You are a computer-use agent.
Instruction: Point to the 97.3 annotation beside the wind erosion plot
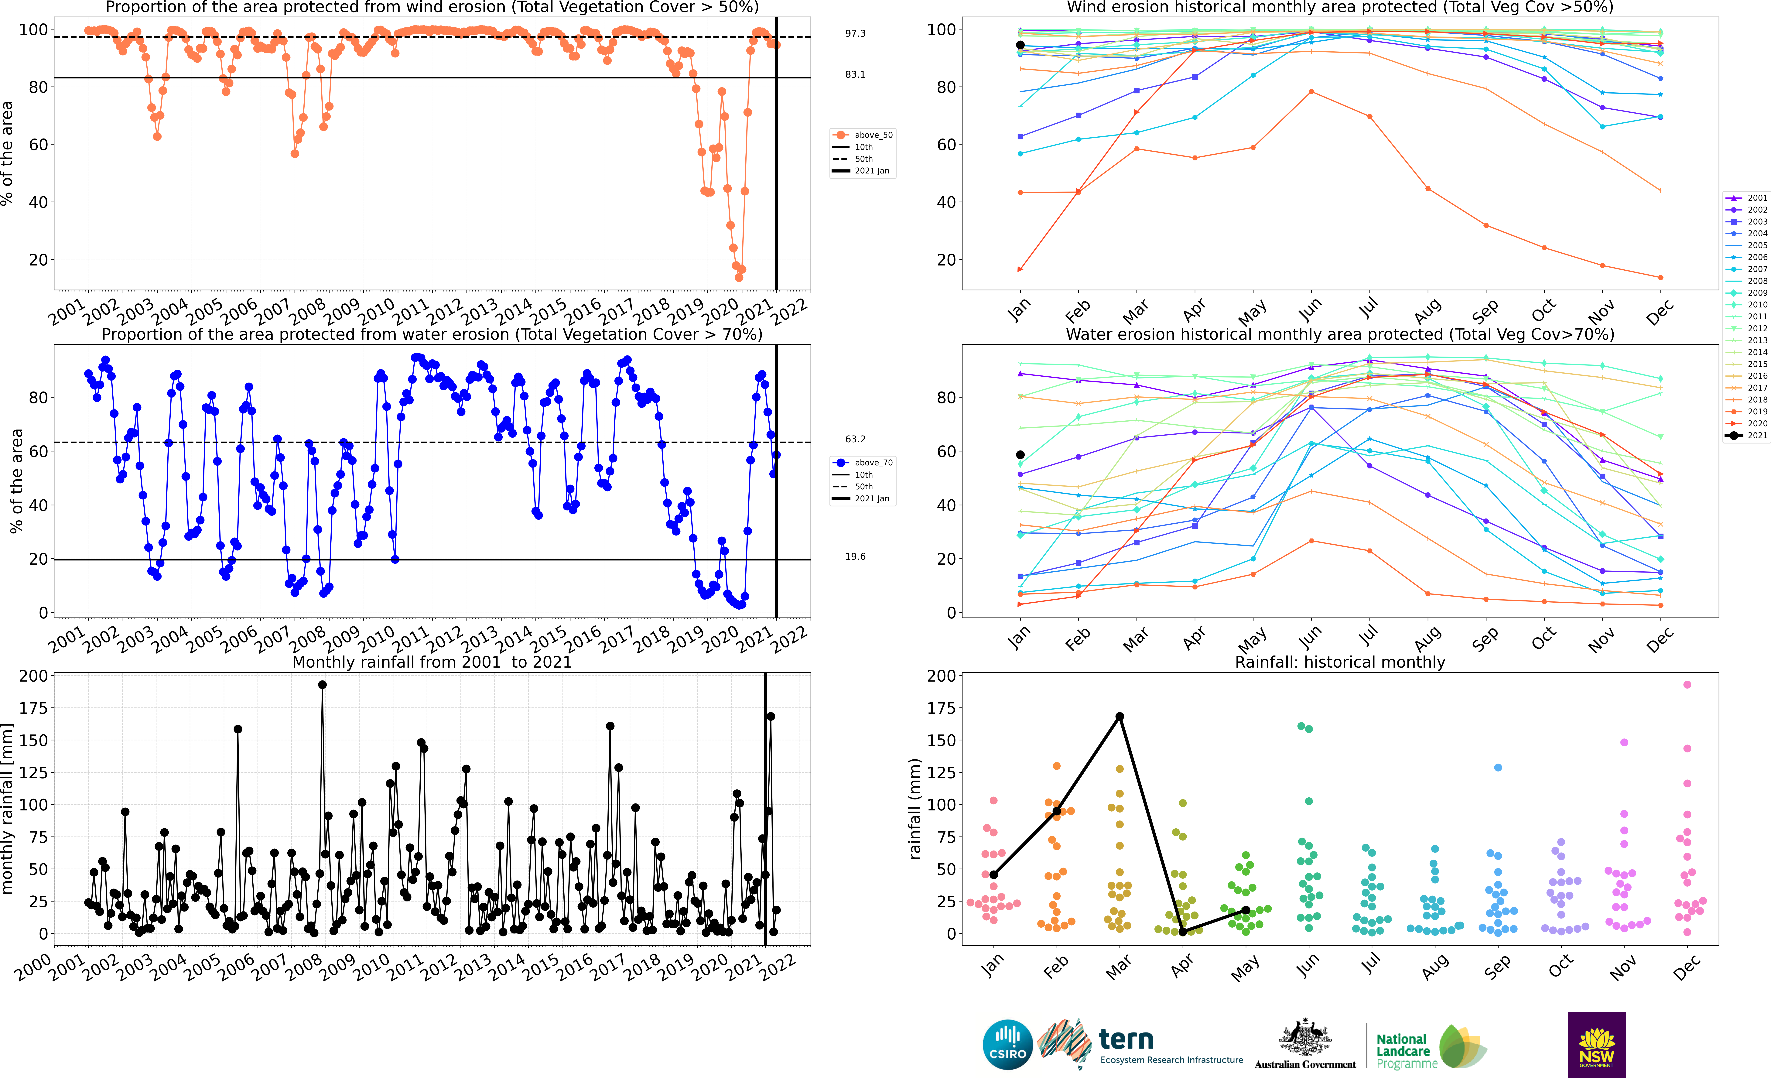tap(855, 34)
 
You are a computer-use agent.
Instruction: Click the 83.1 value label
tap(855, 75)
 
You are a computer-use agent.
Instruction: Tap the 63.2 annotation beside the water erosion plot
tap(855, 439)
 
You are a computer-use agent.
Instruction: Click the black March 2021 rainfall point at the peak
tap(1119, 717)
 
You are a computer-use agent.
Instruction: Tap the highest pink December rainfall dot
tap(1687, 685)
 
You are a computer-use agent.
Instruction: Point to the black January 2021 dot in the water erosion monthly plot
tap(1020, 455)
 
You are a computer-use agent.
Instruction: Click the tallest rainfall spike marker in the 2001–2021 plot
tap(322, 685)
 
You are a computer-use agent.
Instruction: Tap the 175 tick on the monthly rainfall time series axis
tap(33, 708)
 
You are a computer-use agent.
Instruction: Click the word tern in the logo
tap(1126, 1039)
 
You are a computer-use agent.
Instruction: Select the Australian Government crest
tap(1304, 1037)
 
